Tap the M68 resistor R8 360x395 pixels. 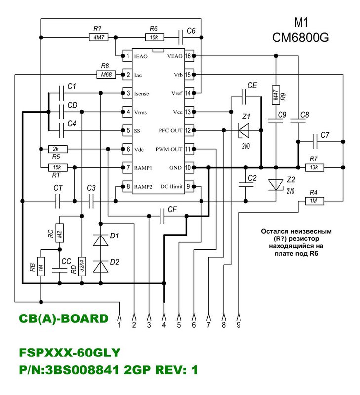[x=105, y=75]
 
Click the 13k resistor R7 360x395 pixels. [x=313, y=167]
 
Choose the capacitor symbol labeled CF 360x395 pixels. [x=162, y=215]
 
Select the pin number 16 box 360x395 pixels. [x=188, y=56]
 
